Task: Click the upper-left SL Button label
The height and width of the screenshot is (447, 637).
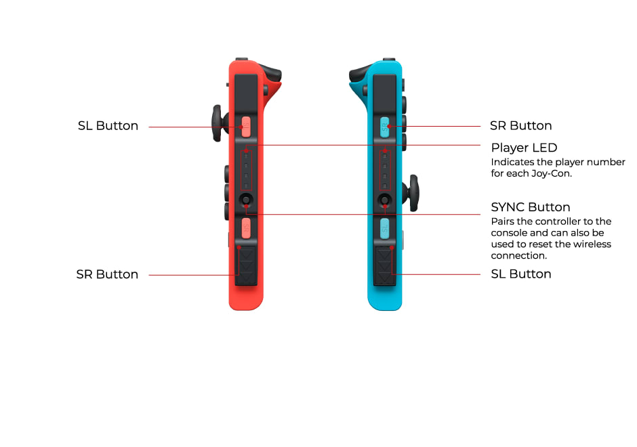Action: (108, 126)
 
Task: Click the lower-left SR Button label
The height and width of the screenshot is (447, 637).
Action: (107, 274)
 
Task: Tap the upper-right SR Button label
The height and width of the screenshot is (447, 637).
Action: (521, 126)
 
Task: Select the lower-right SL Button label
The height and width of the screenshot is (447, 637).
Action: (521, 274)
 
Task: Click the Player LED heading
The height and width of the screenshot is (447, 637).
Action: (524, 148)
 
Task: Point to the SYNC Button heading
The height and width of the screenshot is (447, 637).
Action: (531, 207)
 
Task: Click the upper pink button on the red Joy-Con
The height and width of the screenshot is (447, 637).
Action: (246, 127)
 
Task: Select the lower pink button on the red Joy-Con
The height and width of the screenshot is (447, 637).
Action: (246, 228)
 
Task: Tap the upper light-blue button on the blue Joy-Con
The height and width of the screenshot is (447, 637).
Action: (385, 127)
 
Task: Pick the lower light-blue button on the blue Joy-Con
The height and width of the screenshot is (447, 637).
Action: (385, 228)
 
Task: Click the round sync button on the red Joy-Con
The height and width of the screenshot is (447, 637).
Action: (246, 200)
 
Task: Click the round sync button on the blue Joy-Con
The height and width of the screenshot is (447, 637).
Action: (385, 200)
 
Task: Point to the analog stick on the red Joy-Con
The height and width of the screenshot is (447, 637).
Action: (219, 123)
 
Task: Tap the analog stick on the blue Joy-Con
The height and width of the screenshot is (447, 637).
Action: (411, 193)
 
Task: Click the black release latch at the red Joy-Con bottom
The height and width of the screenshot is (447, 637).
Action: (246, 265)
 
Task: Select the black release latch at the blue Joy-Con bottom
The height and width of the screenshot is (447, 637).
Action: (385, 265)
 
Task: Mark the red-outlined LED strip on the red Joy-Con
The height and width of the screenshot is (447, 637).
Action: (246, 171)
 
